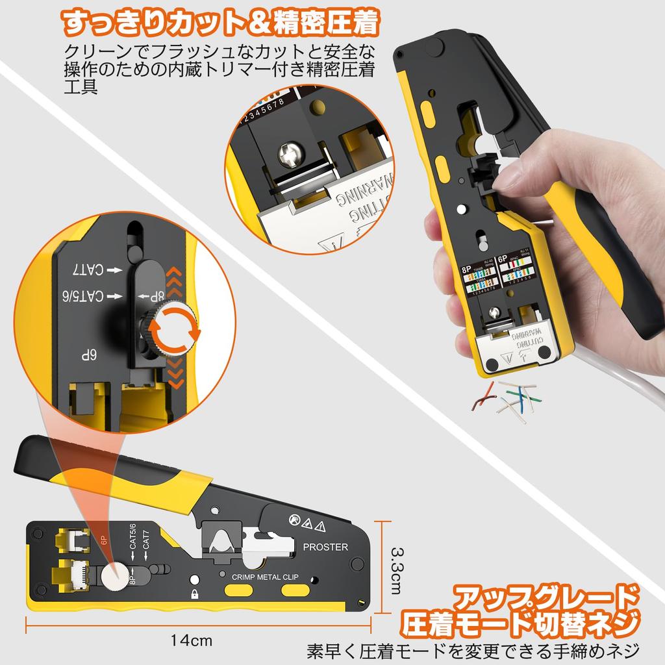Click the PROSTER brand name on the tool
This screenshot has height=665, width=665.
[x=325, y=547]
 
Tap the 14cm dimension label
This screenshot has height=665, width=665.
[x=192, y=640]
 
